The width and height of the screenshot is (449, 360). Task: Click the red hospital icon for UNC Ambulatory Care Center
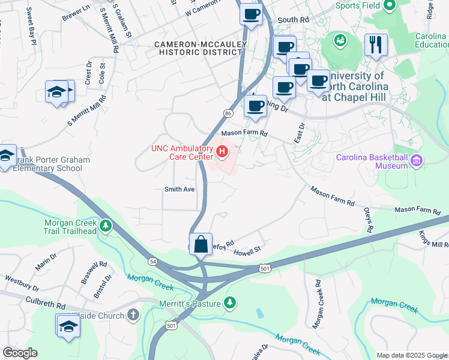[222, 152]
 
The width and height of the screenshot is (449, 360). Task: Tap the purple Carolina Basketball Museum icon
[417, 160]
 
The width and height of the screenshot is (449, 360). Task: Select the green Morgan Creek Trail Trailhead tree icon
[106, 226]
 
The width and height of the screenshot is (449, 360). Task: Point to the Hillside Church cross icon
[133, 315]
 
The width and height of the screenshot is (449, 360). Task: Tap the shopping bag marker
[201, 244]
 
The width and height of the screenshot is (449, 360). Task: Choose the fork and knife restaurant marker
[376, 44]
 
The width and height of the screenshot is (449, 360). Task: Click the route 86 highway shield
[228, 113]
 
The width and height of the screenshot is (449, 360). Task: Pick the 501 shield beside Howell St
[265, 269]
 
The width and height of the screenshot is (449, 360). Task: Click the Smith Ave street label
[180, 189]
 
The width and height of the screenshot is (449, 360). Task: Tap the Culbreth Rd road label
[45, 303]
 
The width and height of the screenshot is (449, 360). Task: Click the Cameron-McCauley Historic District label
[197, 49]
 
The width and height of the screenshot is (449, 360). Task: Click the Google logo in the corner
[20, 353]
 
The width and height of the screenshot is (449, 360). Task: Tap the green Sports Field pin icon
[390, 6]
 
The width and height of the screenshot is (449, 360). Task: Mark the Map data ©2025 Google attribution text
[412, 355]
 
